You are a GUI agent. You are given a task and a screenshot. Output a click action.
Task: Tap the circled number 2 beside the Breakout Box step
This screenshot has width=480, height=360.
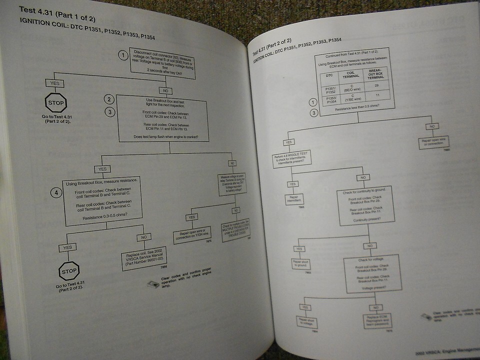pos(110,99)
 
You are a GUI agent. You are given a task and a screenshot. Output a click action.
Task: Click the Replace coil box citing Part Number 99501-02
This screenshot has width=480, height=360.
pos(144,259)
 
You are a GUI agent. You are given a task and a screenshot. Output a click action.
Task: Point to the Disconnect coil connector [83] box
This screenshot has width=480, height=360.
pos(162,62)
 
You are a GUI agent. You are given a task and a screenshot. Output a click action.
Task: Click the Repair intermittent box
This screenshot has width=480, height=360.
pos(294,200)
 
